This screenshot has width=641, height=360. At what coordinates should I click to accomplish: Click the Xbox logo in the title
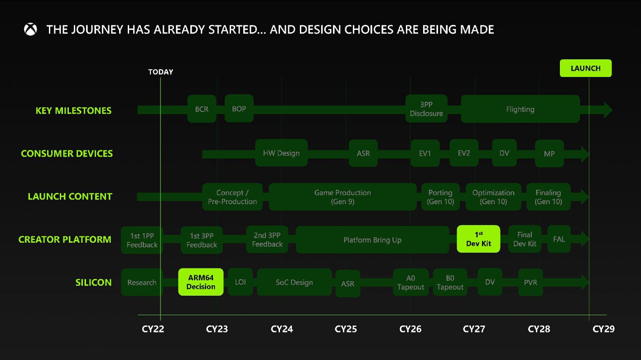tap(31, 30)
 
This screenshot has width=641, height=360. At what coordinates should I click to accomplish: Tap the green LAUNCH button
tap(585, 68)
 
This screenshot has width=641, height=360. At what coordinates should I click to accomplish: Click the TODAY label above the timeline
tap(161, 72)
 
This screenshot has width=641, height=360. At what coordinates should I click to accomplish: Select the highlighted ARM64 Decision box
tap(201, 282)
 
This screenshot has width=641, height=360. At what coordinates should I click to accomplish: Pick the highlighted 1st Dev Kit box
tap(478, 239)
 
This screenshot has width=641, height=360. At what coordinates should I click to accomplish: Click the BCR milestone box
tap(202, 109)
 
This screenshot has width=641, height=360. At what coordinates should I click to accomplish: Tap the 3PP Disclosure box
tap(426, 109)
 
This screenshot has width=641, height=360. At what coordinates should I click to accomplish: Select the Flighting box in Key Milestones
tap(520, 109)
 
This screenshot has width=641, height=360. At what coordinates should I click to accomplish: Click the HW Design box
tap(281, 153)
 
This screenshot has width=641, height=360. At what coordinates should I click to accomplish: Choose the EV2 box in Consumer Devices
tap(464, 153)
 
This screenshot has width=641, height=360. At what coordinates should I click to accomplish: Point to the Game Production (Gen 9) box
tap(342, 197)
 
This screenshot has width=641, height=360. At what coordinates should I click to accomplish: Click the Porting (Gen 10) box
tap(440, 197)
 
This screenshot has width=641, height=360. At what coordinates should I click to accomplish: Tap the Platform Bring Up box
tap(372, 240)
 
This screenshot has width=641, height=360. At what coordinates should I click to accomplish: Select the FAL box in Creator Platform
tap(559, 239)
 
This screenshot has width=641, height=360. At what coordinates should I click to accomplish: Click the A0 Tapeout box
tap(410, 283)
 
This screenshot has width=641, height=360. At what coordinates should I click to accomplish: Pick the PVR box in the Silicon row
tap(530, 283)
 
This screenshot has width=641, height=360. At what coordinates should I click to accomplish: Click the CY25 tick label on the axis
tap(346, 329)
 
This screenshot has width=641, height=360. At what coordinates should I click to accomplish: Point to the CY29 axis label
tap(603, 329)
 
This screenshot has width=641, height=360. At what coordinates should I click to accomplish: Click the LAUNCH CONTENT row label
tap(70, 197)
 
